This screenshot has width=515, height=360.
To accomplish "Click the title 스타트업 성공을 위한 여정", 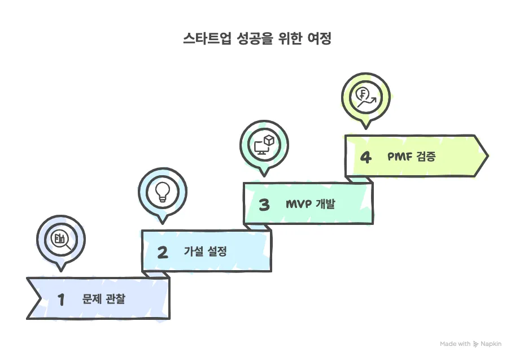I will (x=257, y=39).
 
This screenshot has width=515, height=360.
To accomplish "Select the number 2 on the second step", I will (x=163, y=252).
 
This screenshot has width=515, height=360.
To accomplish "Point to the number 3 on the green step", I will (x=264, y=205).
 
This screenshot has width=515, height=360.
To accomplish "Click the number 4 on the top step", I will (x=366, y=157).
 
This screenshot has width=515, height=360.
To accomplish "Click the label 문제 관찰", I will (x=103, y=299).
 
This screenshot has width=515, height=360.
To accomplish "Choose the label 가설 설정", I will (x=205, y=251).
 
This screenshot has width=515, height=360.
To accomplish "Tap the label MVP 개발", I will (x=310, y=204).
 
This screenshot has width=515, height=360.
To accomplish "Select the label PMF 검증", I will (x=411, y=157).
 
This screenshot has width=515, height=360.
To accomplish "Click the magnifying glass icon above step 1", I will (x=60, y=240).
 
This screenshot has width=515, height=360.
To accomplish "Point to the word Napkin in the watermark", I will (x=491, y=344).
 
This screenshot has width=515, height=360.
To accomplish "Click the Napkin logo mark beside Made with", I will (x=476, y=344).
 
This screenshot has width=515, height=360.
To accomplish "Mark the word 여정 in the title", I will (x=317, y=39).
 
